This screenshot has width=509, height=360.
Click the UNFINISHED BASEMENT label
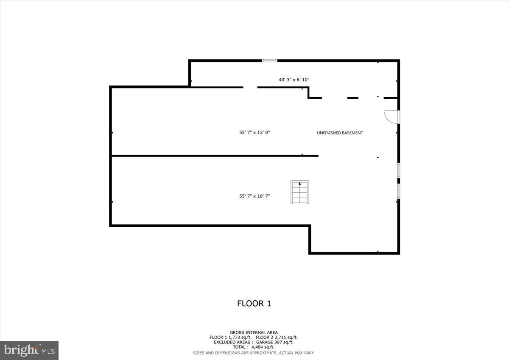(340, 133)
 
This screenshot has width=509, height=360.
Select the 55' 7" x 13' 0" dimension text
(255, 132)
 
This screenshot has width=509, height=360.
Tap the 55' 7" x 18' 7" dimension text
(255, 196)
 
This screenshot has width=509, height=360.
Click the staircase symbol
(300, 192)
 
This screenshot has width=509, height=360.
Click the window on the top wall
(269, 61)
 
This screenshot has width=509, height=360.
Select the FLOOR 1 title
(254, 304)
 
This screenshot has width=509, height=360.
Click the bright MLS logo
(29, 350)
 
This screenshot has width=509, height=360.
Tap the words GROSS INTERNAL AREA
(254, 332)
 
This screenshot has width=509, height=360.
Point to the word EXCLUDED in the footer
(225, 342)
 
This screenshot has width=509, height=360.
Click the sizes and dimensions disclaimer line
(254, 352)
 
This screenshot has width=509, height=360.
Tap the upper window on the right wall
(398, 170)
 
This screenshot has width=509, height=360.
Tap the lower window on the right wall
(398, 190)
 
